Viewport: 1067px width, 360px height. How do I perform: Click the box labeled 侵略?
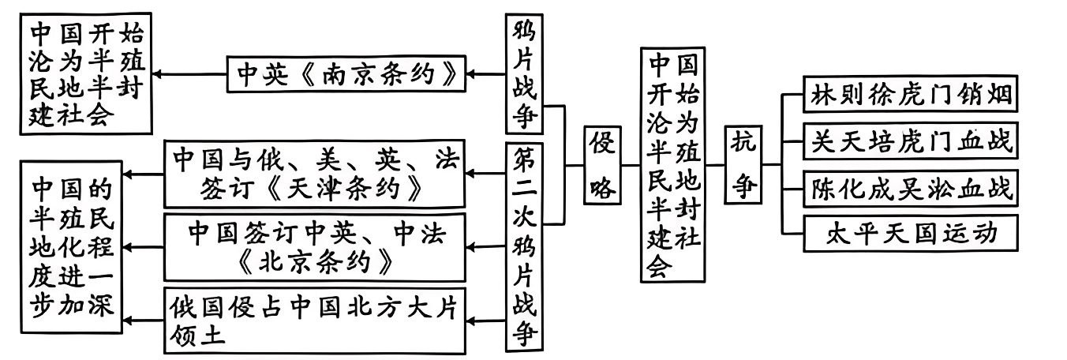point(602,165)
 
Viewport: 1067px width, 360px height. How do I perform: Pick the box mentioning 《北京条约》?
point(313,246)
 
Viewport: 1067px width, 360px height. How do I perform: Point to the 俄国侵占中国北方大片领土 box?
point(313,320)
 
